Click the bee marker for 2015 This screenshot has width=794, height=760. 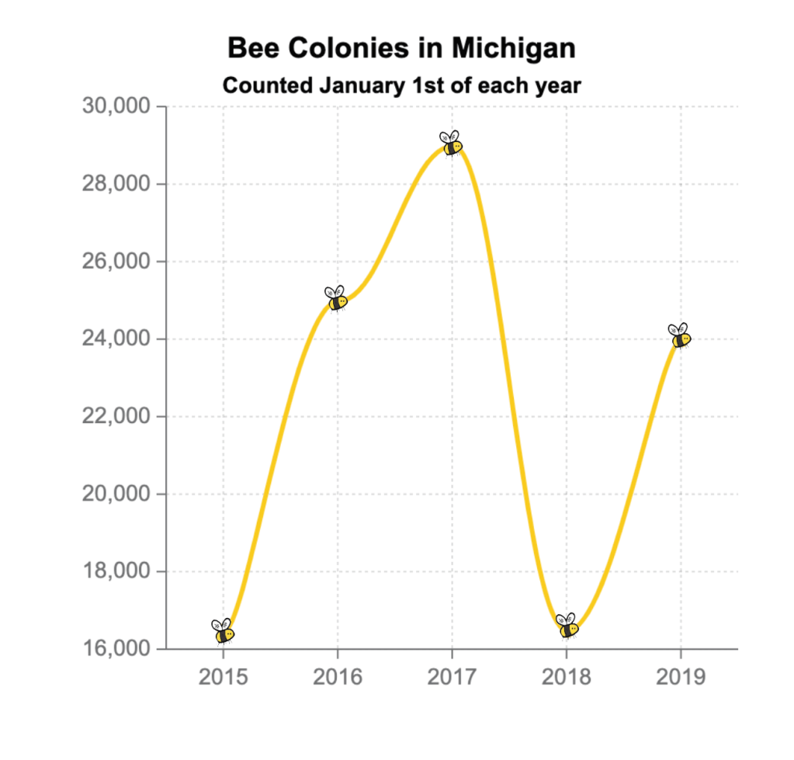tap(224, 632)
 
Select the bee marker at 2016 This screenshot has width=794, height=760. tap(337, 299)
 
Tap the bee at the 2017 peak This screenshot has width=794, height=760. tap(452, 144)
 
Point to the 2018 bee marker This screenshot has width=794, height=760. tap(567, 626)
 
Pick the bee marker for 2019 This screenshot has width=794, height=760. tap(681, 336)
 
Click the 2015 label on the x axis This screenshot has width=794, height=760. tap(223, 677)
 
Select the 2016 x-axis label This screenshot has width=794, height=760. tap(338, 677)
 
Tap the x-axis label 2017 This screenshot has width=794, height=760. tap(452, 677)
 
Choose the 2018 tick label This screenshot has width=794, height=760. tap(567, 677)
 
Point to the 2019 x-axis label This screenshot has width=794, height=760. tap(681, 677)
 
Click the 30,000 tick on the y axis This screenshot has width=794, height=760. tap(116, 106)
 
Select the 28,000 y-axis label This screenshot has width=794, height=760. tap(116, 184)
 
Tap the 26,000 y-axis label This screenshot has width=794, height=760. tap(116, 262)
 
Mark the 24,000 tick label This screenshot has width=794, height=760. tap(116, 339)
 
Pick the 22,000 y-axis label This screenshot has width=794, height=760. tap(116, 417)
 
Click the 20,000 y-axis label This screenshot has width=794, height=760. tap(116, 495)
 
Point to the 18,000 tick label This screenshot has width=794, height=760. tap(116, 572)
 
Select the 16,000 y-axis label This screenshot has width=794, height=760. tap(116, 649)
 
